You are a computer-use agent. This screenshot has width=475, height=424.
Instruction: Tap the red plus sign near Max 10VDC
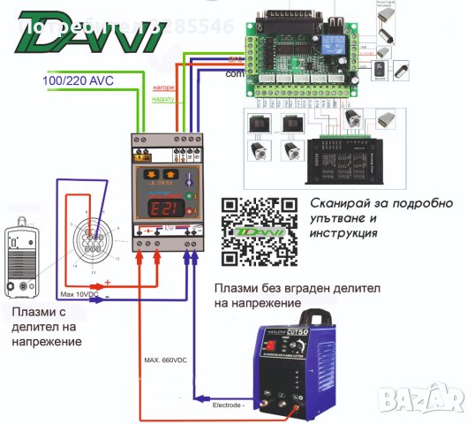pyautogui.click(x=107, y=283)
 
